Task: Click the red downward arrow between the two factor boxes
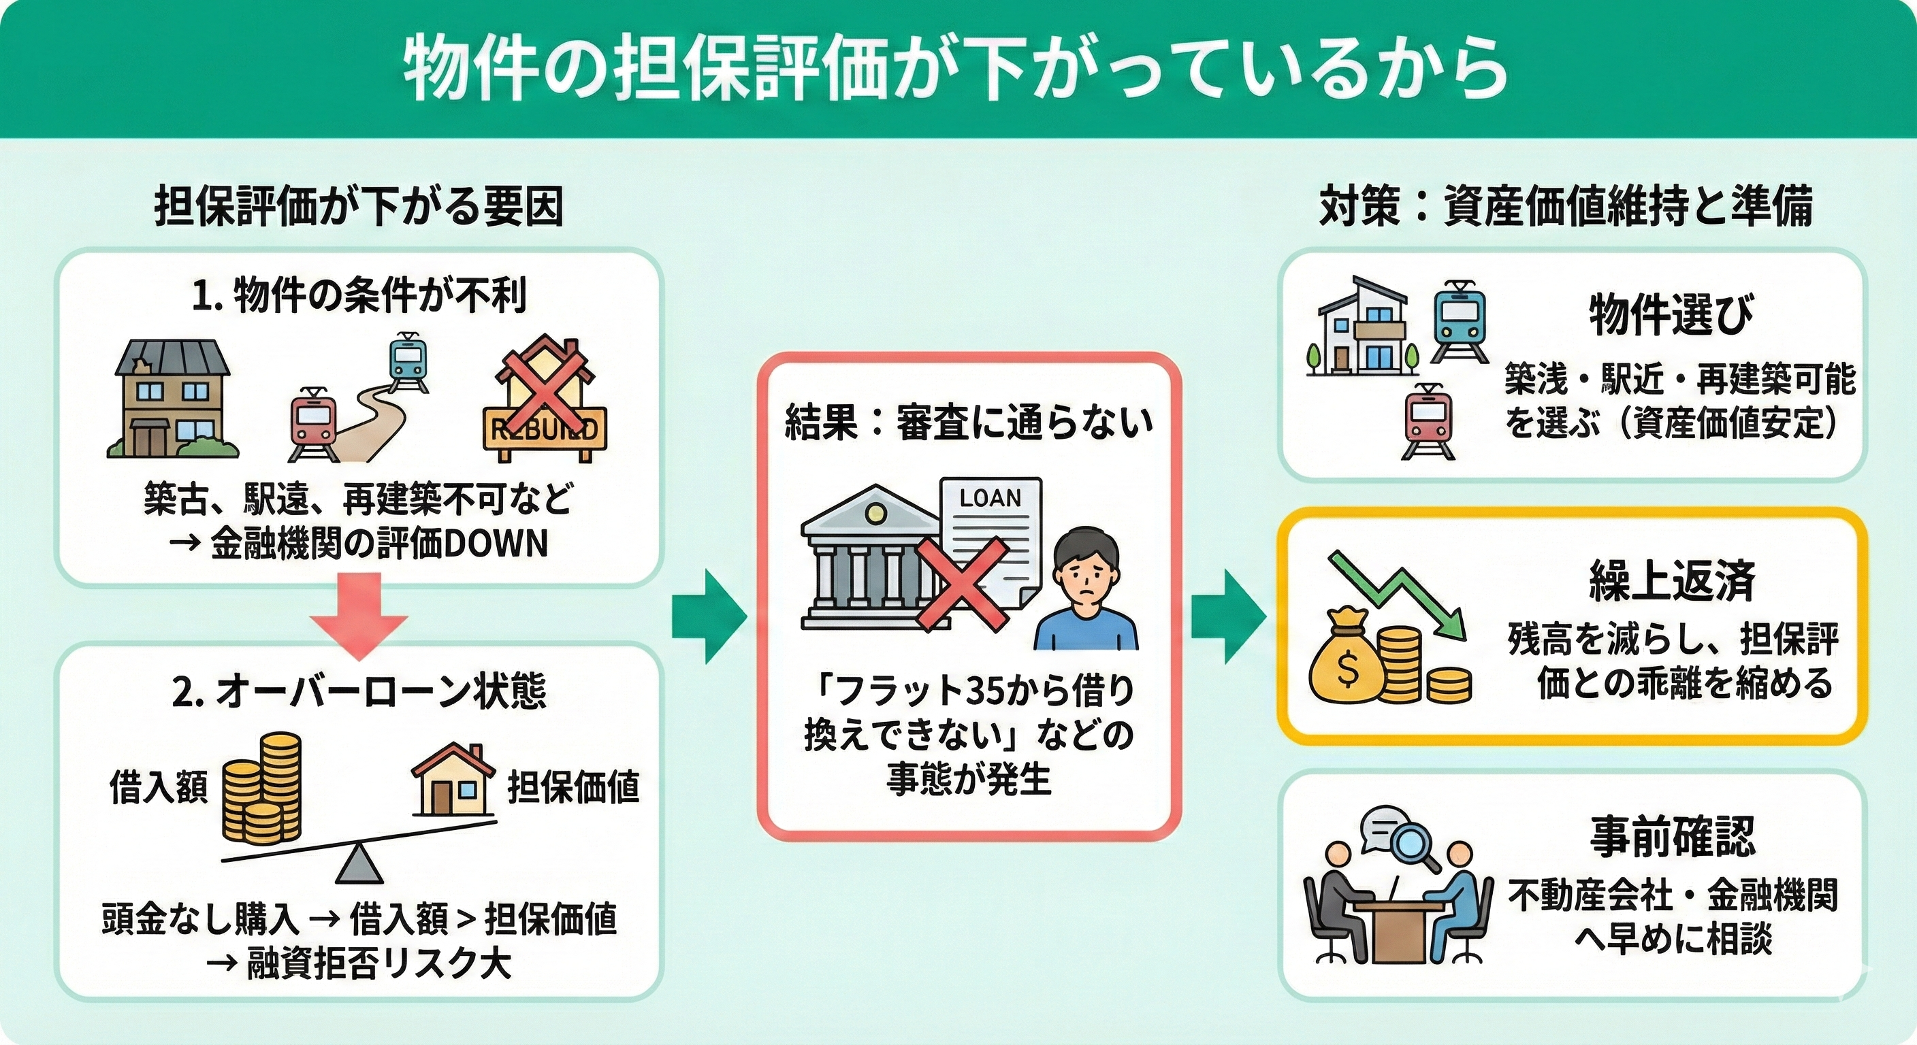point(359,614)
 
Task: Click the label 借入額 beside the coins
point(159,788)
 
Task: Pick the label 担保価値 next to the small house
point(573,788)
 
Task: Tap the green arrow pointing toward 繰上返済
point(1228,616)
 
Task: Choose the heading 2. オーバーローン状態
point(359,691)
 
